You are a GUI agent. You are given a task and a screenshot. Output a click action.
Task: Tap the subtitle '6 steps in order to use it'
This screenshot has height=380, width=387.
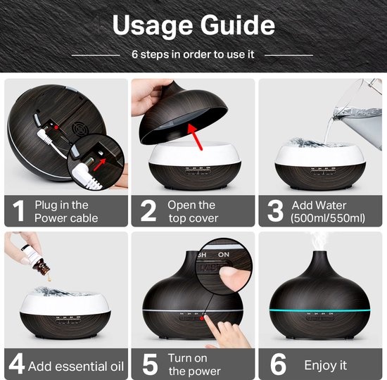coord(193,54)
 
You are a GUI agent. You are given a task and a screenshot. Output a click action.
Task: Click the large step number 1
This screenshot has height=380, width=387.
coord(19,211)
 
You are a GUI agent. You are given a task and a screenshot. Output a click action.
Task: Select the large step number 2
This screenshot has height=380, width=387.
coord(148,211)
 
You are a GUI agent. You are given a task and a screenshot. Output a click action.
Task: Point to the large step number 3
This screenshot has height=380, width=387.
coord(275,211)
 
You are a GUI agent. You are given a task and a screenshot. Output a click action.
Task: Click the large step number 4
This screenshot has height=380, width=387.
coord(17,364)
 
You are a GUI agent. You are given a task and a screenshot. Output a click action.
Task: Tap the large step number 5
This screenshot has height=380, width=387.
coord(150,365)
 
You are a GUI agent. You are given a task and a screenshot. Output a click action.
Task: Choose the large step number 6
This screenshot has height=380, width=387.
coord(278,365)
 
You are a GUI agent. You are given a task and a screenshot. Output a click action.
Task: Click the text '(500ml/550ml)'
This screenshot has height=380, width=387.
coord(328,218)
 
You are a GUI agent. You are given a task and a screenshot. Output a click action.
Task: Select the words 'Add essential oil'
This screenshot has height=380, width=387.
coord(76,367)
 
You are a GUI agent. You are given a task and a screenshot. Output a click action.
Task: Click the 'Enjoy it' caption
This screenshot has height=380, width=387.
coord(326,365)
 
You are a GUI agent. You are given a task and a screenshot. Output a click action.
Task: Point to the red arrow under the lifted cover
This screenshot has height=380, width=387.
coord(195,137)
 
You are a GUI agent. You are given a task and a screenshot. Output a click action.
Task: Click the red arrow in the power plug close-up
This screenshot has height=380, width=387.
coord(100,164)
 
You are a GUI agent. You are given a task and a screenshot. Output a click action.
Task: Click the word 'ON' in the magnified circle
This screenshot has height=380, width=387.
coord(224,255)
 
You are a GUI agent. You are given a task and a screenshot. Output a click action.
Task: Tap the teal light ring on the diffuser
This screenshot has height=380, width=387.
coord(320,310)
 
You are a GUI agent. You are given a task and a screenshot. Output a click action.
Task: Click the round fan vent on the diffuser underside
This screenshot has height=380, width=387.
coord(81,128)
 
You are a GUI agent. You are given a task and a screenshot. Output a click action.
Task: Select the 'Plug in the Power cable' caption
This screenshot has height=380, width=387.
coord(66,212)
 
